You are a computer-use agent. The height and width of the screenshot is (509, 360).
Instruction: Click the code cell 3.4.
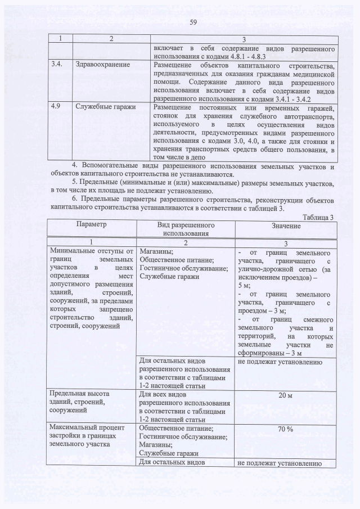point(56,65)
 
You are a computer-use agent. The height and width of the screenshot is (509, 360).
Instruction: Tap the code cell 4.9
point(56,107)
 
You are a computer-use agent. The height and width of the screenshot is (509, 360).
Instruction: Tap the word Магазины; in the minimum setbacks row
point(156,251)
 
